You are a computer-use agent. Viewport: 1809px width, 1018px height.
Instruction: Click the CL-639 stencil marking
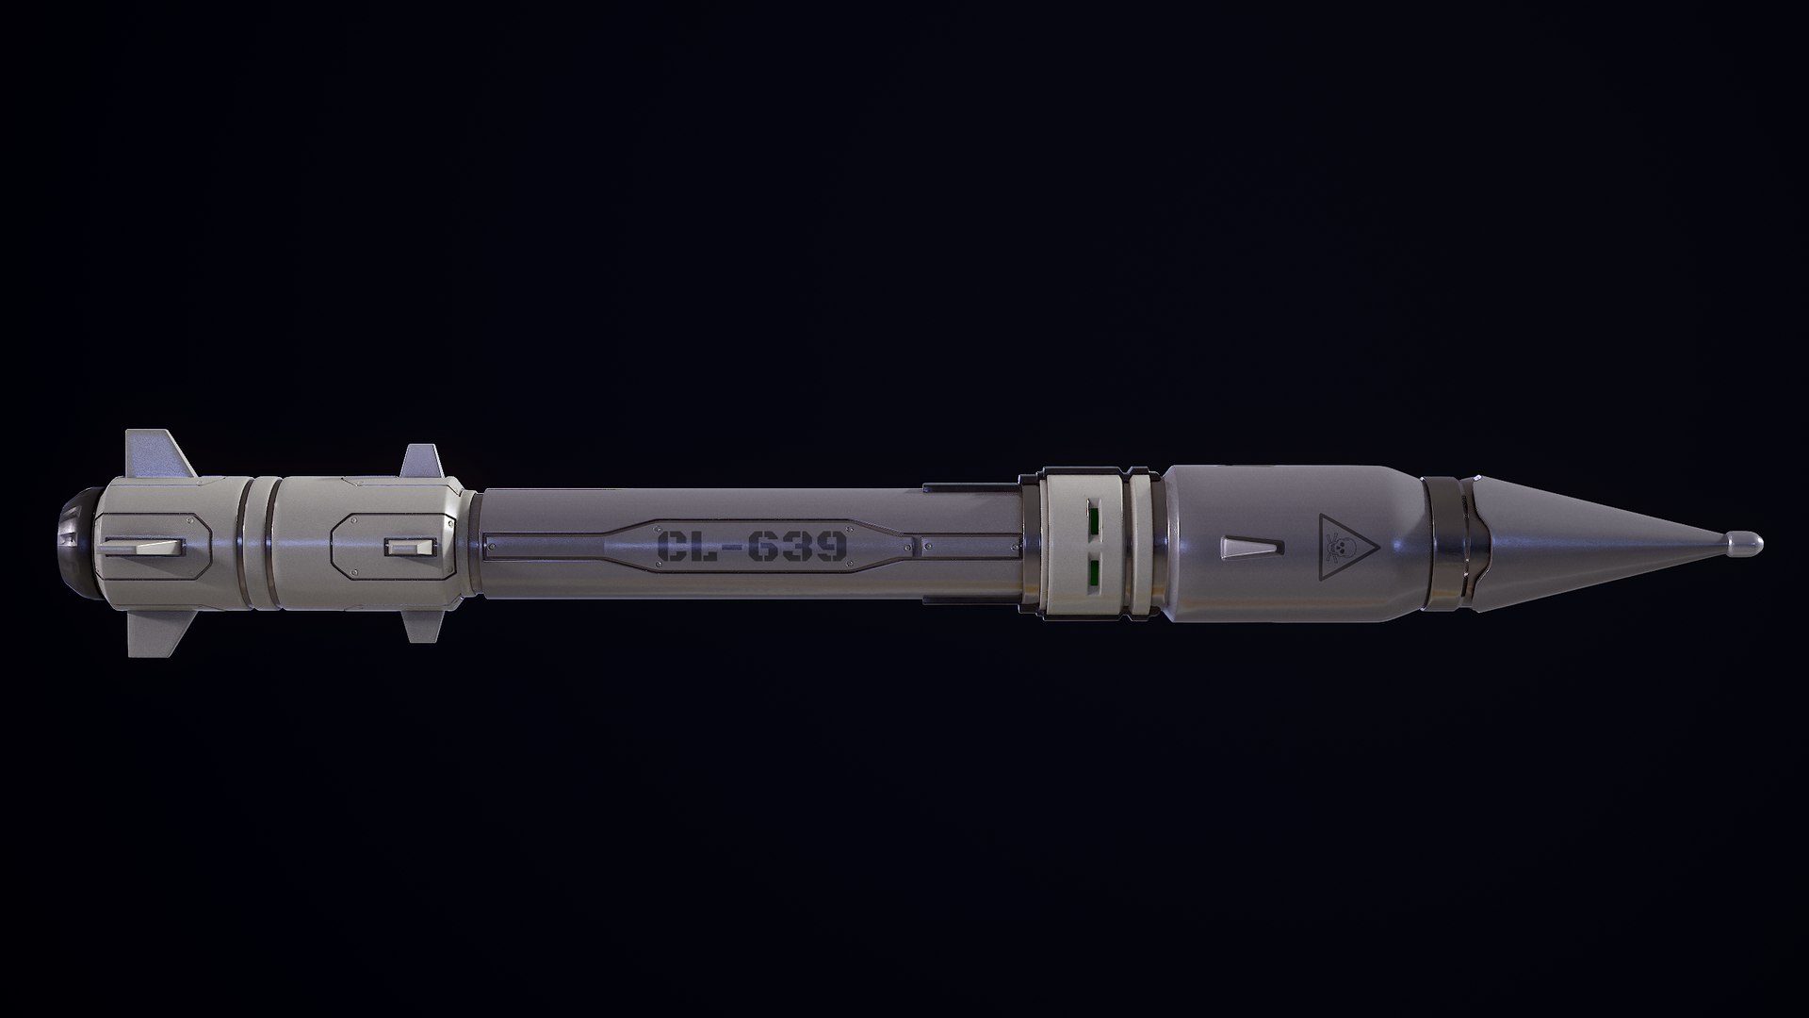[x=752, y=546]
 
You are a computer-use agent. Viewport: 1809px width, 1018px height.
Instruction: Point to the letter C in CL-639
[x=674, y=546]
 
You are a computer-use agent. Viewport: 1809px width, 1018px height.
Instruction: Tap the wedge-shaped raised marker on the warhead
[x=1250, y=547]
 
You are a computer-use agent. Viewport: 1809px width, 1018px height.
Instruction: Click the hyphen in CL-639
[x=722, y=547]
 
